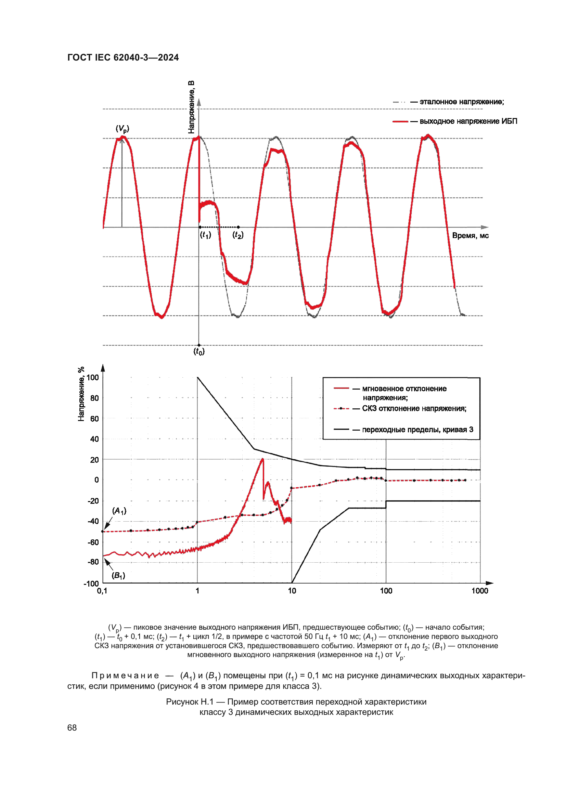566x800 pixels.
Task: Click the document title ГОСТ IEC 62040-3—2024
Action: click(x=123, y=57)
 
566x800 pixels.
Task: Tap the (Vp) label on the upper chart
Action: click(x=122, y=129)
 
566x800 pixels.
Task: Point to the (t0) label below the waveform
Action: click(x=199, y=351)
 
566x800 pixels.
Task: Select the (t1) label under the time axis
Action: click(x=205, y=235)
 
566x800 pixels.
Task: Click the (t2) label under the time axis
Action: click(x=238, y=235)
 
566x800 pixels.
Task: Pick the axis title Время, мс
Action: click(x=470, y=236)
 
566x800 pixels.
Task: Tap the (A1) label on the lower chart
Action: click(x=119, y=511)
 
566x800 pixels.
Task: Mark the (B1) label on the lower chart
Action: click(x=118, y=575)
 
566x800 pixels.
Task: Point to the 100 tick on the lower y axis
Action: click(x=93, y=377)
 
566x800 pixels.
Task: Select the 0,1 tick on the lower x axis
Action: click(x=102, y=591)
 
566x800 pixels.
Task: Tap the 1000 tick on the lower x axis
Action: click(x=479, y=591)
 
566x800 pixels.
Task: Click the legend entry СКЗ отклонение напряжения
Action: click(x=414, y=408)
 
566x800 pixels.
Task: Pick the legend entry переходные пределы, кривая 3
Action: click(x=417, y=430)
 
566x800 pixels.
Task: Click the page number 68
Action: click(x=72, y=727)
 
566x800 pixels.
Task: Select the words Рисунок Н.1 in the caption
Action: click(x=189, y=702)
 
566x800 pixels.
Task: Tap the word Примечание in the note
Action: click(x=125, y=676)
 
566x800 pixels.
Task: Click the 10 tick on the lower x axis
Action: click(x=292, y=591)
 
